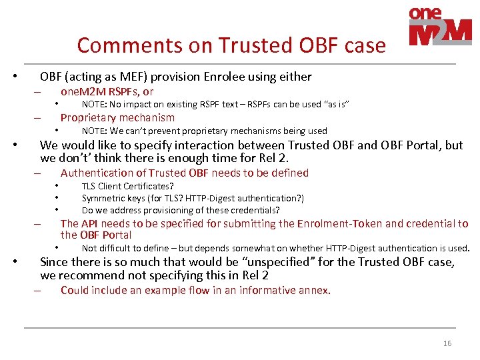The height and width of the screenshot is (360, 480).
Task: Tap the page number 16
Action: click(x=447, y=343)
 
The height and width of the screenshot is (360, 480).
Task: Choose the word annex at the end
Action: click(x=316, y=290)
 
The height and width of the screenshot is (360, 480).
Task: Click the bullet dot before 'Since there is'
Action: click(x=17, y=262)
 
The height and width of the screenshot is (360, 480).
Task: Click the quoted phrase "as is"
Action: click(x=337, y=104)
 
